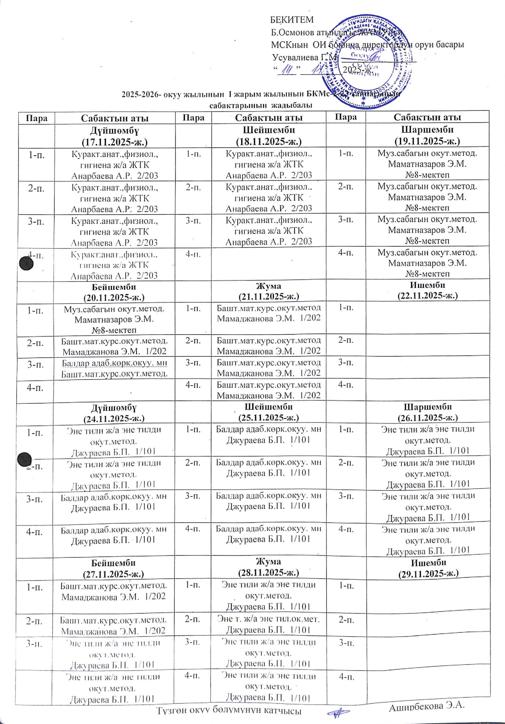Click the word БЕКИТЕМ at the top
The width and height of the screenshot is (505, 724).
click(x=293, y=20)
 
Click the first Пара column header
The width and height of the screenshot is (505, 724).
click(x=36, y=118)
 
